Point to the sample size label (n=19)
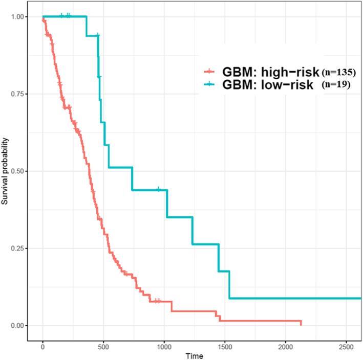(x=336, y=85)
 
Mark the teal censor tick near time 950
(x=158, y=190)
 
